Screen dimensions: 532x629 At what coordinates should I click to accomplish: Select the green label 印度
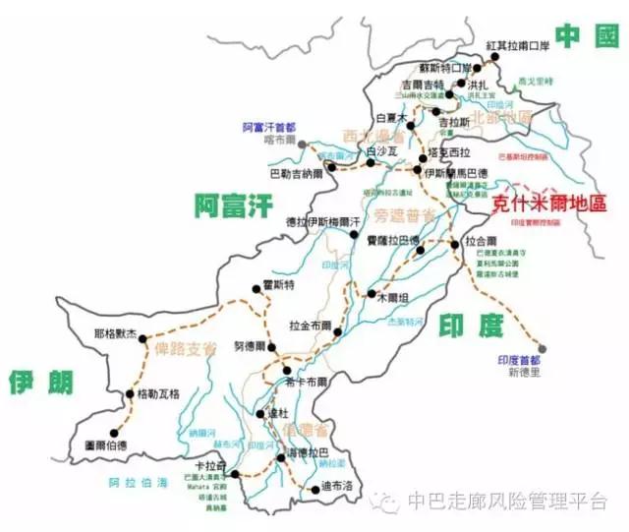pos(478,325)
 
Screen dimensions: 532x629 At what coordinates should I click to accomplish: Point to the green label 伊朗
pos(40,382)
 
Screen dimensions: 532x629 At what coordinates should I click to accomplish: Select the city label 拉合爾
pos(481,240)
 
